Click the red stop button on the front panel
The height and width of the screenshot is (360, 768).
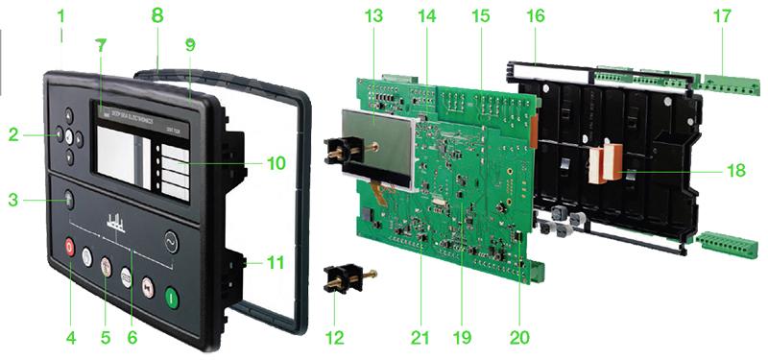[x=69, y=246]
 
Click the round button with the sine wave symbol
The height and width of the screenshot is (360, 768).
[x=172, y=239]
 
